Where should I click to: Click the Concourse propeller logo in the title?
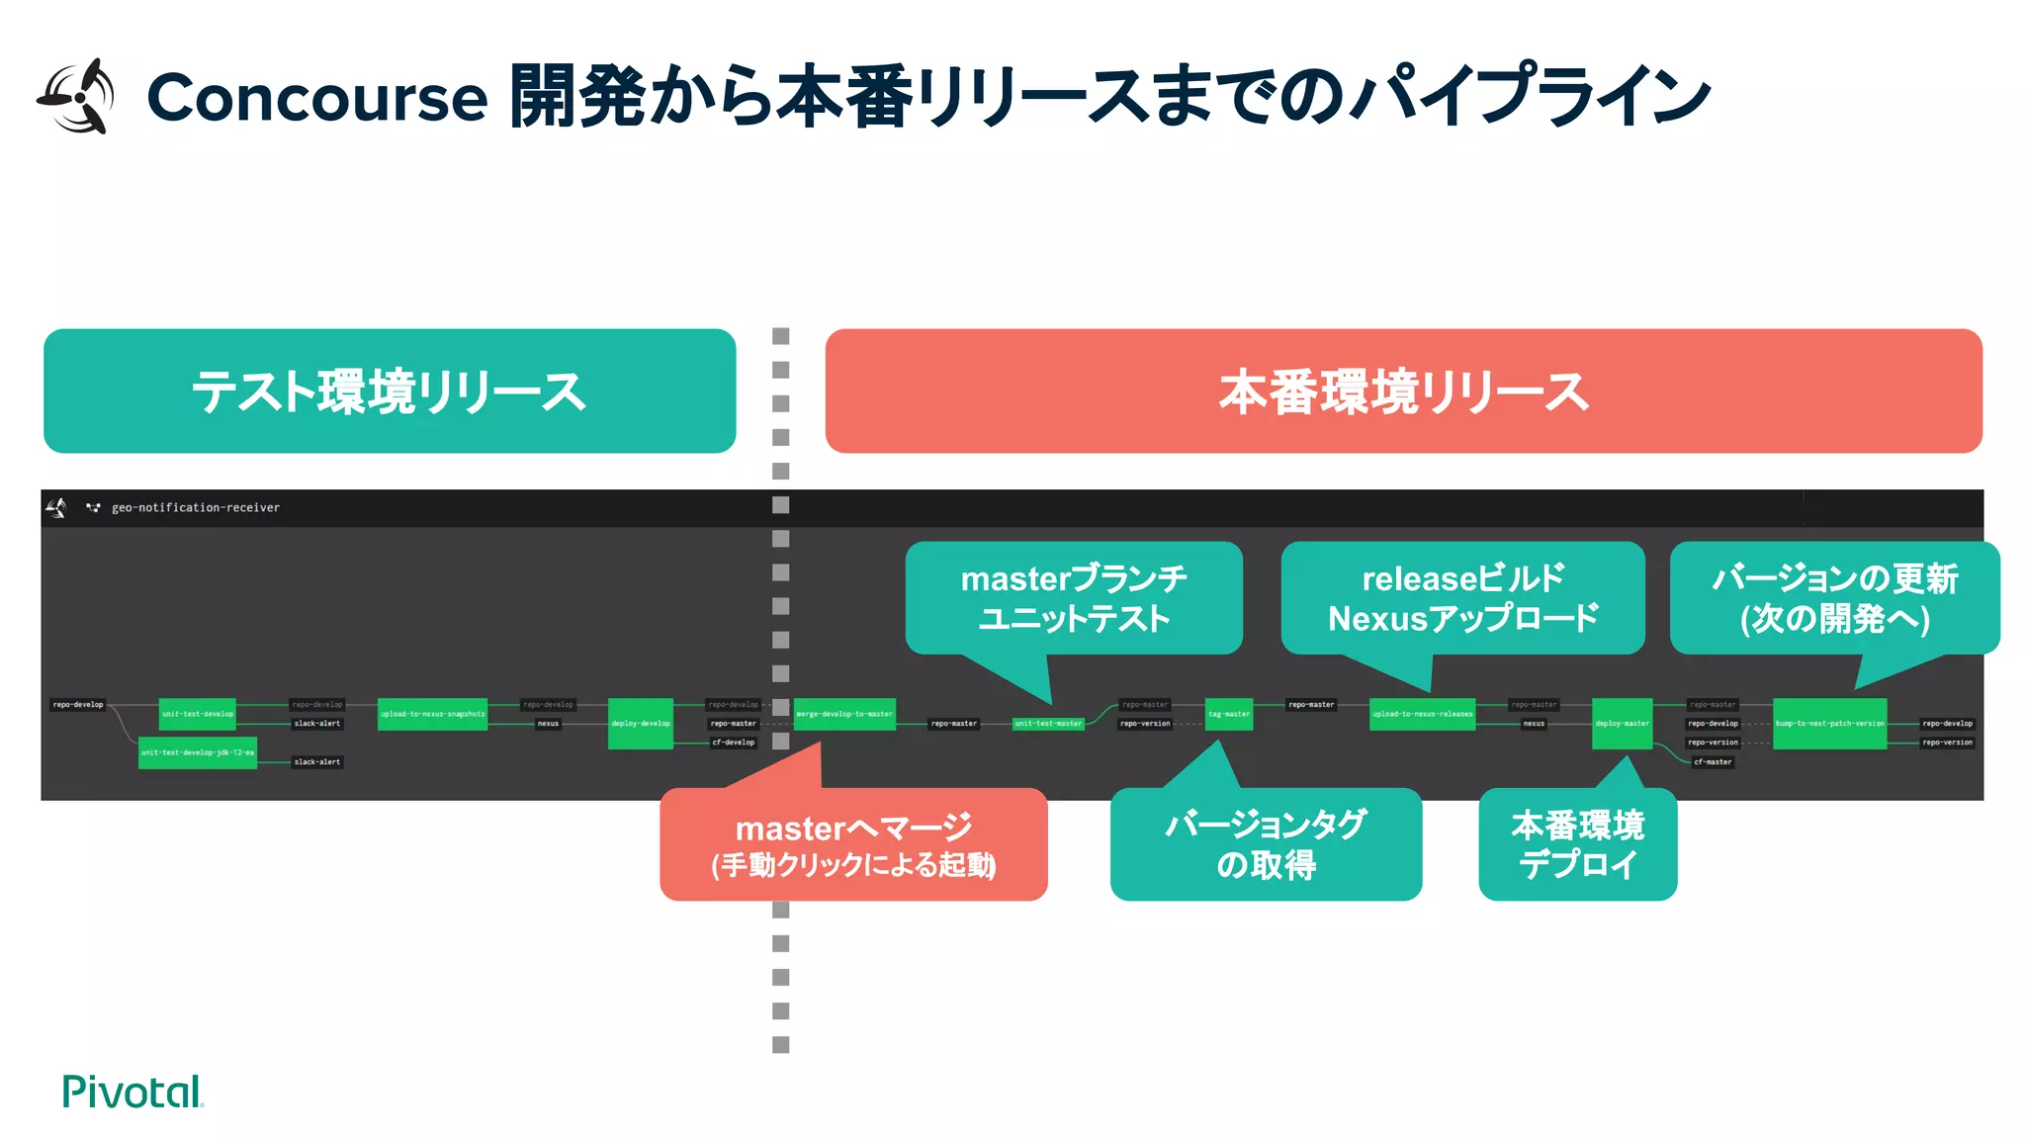(77, 96)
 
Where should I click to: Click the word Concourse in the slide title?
(316, 98)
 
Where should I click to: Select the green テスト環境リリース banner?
(390, 392)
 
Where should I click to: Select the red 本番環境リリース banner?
(1403, 392)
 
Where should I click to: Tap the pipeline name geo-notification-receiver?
(195, 508)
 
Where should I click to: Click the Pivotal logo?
(132, 1092)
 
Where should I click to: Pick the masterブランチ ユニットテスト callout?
(1074, 598)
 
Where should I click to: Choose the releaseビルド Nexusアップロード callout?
(1462, 598)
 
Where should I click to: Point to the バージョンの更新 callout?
(1834, 598)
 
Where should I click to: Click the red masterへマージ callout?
(853, 844)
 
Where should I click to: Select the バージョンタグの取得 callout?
(1266, 844)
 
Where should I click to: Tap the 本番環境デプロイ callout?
(1577, 844)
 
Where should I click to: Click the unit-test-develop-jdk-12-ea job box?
(198, 752)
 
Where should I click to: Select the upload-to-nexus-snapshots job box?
(432, 714)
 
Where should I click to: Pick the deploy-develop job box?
(640, 724)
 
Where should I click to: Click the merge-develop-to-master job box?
(844, 714)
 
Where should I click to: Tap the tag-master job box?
(1229, 714)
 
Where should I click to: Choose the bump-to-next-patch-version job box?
(1829, 724)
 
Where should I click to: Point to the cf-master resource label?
(1713, 762)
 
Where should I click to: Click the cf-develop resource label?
(733, 743)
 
